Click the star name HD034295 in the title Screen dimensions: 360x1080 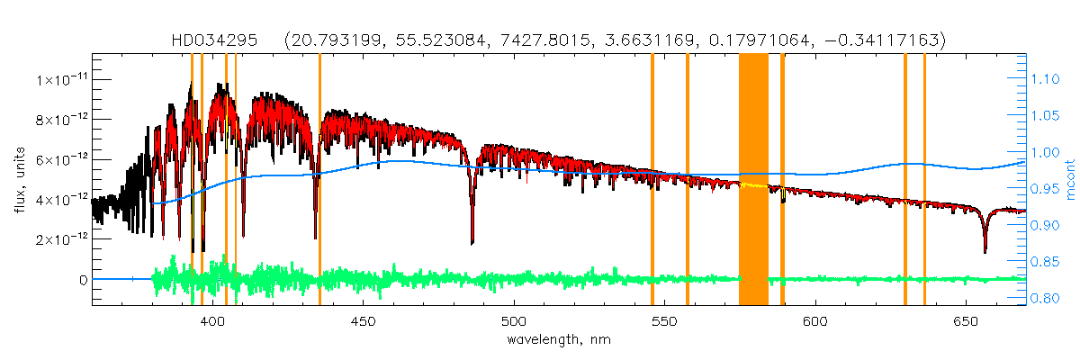[x=215, y=40]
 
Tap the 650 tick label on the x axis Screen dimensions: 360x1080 [x=965, y=320]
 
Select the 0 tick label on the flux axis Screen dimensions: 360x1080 [x=83, y=280]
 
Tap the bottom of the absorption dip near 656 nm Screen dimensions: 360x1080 [x=985, y=251]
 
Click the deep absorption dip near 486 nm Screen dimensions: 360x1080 [x=472, y=241]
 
